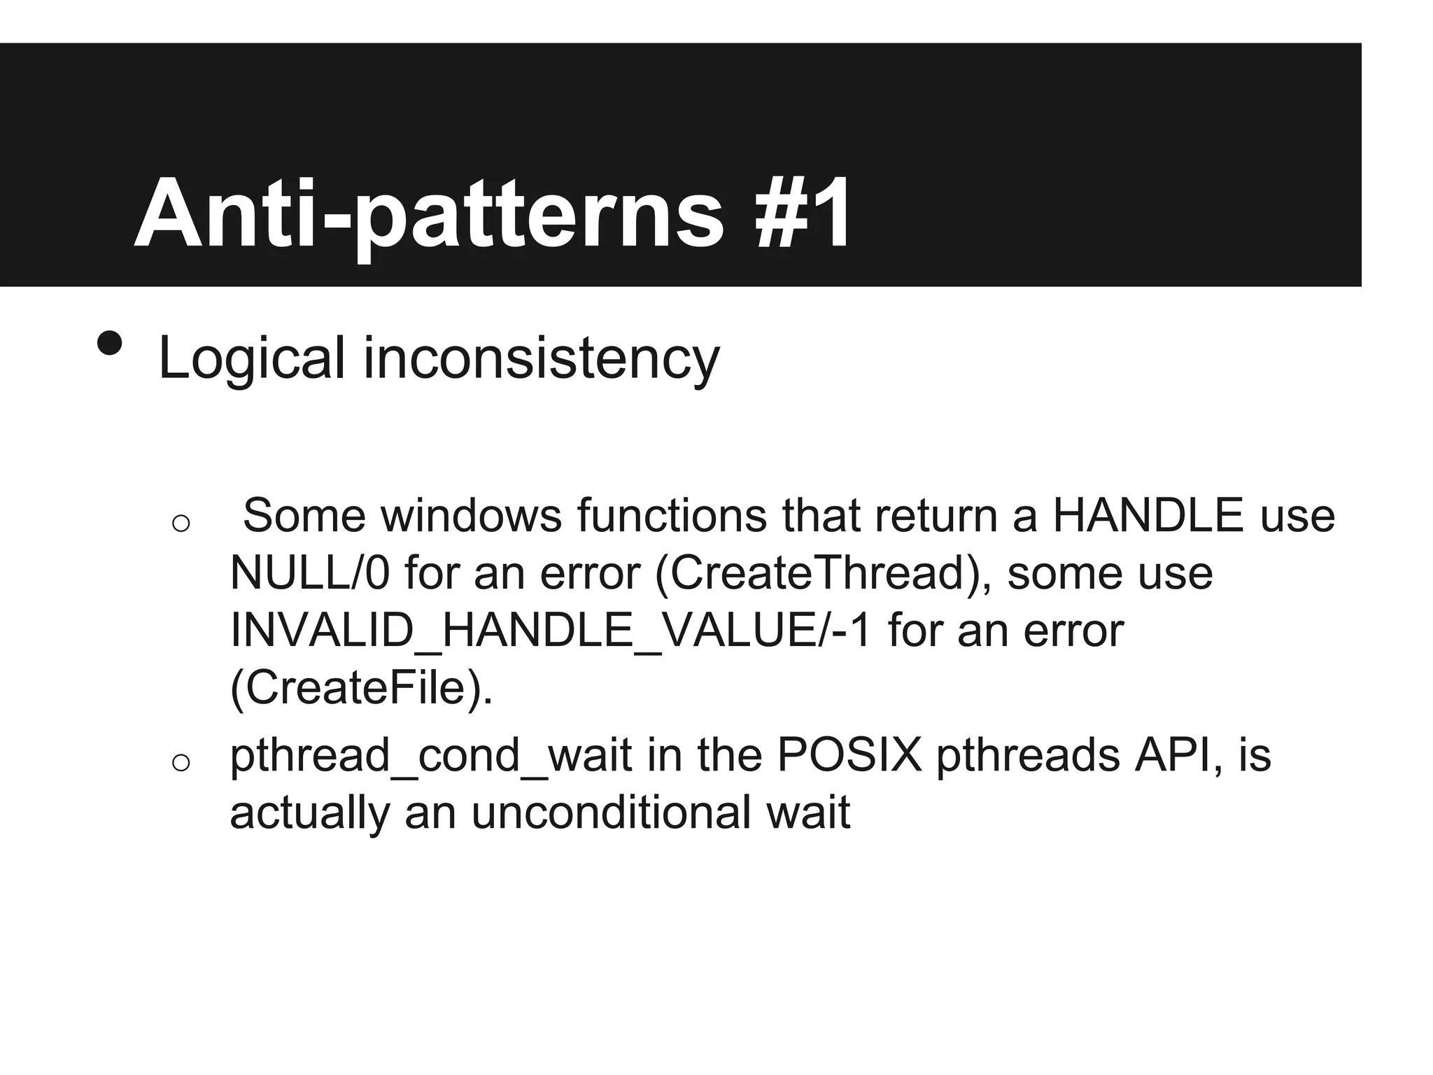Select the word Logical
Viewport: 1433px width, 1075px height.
click(x=252, y=359)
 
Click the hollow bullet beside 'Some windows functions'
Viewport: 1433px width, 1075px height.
click(x=181, y=523)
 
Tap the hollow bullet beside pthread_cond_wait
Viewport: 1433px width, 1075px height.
click(x=181, y=762)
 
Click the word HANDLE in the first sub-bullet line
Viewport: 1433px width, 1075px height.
click(x=1148, y=516)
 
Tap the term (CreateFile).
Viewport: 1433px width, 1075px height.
click(x=361, y=688)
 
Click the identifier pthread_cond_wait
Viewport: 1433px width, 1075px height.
click(x=430, y=756)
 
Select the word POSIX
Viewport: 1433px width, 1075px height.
click(x=849, y=755)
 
